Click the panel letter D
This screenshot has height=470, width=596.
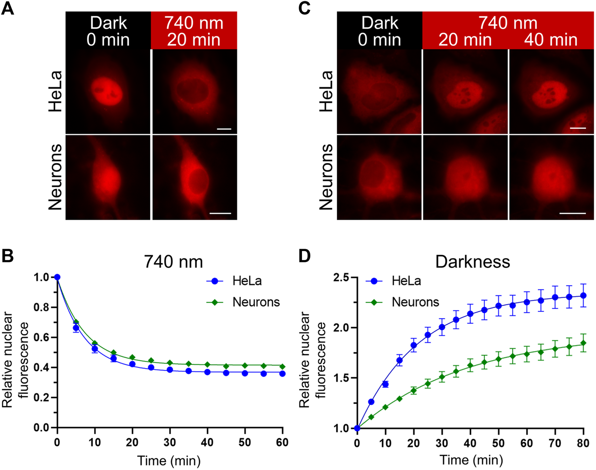pyautogui.click(x=305, y=256)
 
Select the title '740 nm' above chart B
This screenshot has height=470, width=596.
pyautogui.click(x=173, y=262)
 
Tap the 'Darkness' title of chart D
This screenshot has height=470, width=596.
pyautogui.click(x=472, y=262)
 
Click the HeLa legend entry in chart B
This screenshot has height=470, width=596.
pyautogui.click(x=246, y=281)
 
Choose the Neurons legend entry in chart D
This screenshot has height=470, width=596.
pyautogui.click(x=415, y=302)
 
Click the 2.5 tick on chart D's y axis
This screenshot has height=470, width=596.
pyautogui.click(x=341, y=277)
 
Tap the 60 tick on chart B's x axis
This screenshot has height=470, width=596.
pyautogui.click(x=282, y=443)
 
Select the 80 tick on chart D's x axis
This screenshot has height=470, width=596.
pyautogui.click(x=583, y=443)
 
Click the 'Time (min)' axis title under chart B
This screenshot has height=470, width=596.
pyautogui.click(x=169, y=461)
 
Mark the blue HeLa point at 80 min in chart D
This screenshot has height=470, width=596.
pyautogui.click(x=583, y=296)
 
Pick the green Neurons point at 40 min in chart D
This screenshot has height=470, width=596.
pyautogui.click(x=470, y=366)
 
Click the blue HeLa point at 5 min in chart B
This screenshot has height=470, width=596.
pyautogui.click(x=76, y=328)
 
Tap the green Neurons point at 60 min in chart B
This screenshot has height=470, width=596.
pyautogui.click(x=282, y=367)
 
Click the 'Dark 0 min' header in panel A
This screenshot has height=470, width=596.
pyautogui.click(x=108, y=31)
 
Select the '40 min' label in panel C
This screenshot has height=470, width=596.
pyautogui.click(x=551, y=40)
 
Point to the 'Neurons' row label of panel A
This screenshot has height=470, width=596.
pyautogui.click(x=56, y=177)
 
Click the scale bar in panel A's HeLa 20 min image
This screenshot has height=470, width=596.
pyautogui.click(x=224, y=129)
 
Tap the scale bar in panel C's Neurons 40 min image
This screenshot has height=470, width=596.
pyautogui.click(x=572, y=213)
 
